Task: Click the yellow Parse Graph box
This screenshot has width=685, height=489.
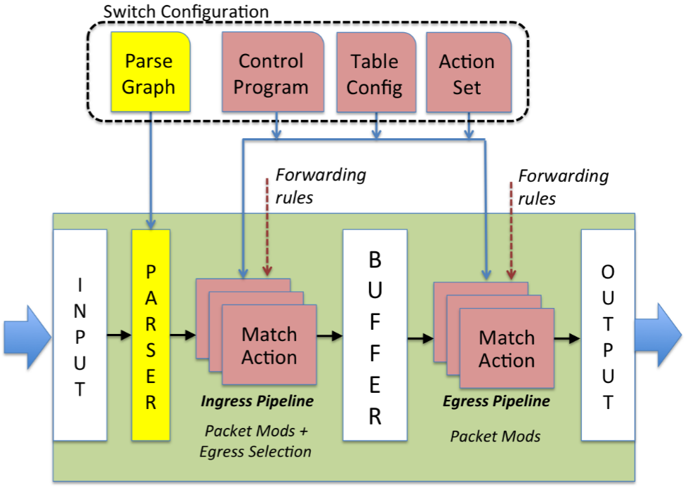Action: click(x=148, y=73)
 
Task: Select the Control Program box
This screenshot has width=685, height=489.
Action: click(x=271, y=73)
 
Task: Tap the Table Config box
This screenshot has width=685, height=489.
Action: click(x=375, y=73)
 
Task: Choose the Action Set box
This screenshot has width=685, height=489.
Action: click(x=466, y=73)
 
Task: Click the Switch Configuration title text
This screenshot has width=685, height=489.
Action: click(x=186, y=11)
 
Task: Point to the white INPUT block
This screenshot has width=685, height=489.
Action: click(x=80, y=335)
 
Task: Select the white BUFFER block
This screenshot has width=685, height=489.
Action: click(x=375, y=335)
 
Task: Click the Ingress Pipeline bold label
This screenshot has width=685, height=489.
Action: click(x=257, y=402)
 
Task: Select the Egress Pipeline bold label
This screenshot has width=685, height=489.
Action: click(x=496, y=402)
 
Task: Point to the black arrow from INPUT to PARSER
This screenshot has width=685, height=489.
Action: click(x=119, y=336)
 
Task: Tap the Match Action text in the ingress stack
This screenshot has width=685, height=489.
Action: click(x=270, y=346)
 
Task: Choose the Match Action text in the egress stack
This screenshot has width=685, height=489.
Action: click(x=507, y=349)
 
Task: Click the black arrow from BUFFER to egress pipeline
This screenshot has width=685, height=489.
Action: click(x=420, y=339)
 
